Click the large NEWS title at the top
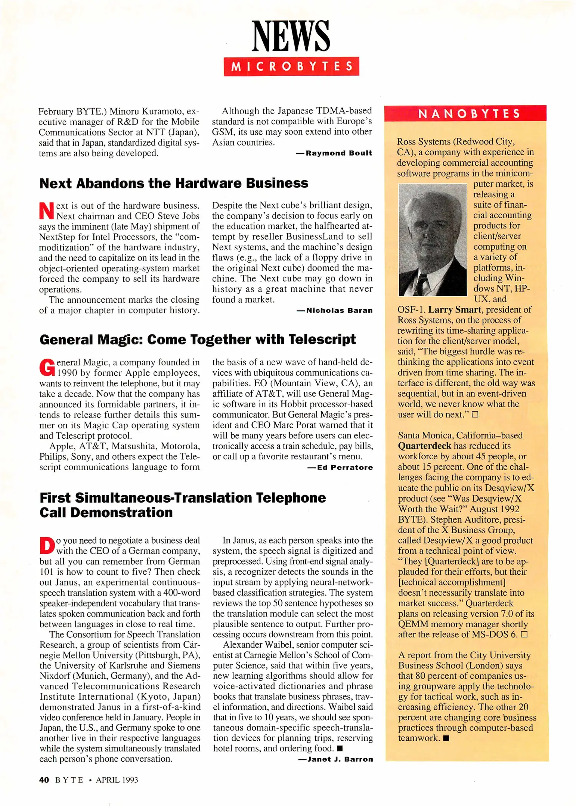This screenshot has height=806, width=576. [x=291, y=37]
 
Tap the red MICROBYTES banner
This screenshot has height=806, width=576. [x=291, y=66]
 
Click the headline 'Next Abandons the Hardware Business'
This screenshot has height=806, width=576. [x=174, y=183]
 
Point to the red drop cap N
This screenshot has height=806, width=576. [x=47, y=211]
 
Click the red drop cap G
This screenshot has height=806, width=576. [x=47, y=367]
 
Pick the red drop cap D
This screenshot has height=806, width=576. [x=47, y=545]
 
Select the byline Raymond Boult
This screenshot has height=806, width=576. [x=338, y=153]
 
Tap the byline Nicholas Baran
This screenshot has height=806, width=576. [x=339, y=310]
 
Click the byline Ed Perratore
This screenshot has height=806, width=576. [x=344, y=468]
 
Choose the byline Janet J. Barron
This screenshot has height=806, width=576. [x=340, y=759]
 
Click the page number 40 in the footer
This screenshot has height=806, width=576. [x=44, y=780]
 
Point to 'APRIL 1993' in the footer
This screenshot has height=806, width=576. [x=117, y=780]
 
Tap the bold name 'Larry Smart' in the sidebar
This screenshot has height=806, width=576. [x=455, y=310]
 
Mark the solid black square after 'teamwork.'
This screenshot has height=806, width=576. [x=446, y=738]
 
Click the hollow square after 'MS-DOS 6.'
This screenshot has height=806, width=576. [x=524, y=635]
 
